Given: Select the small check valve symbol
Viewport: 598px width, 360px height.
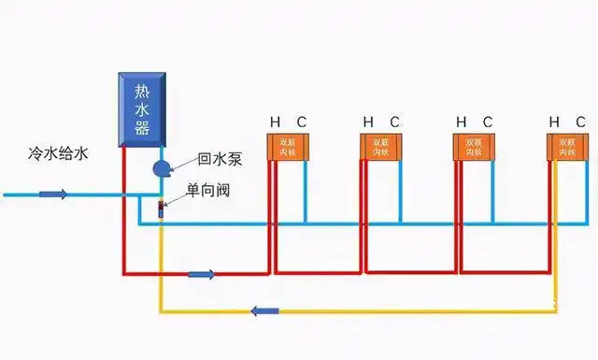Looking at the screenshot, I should [x=161, y=205].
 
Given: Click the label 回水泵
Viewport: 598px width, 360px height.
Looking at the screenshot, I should [x=220, y=160].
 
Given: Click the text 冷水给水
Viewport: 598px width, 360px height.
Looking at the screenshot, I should [x=58, y=155].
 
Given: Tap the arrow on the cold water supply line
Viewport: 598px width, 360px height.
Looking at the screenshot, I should [x=53, y=194].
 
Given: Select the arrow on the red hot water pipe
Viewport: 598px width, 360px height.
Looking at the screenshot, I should [x=202, y=274].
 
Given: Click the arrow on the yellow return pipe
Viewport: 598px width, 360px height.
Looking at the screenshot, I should [x=265, y=310].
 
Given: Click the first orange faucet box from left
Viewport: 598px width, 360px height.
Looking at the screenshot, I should [x=288, y=147].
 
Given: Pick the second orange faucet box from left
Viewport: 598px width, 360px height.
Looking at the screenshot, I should [x=381, y=147].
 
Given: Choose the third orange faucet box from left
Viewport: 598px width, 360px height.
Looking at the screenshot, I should [x=474, y=147].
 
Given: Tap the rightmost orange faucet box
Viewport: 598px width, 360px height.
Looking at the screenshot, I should [x=567, y=147].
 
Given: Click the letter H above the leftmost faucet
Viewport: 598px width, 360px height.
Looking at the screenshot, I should [x=275, y=122].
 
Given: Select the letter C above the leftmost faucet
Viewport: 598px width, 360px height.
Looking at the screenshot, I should [x=301, y=122].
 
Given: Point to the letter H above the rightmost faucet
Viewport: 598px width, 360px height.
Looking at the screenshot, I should [x=554, y=122].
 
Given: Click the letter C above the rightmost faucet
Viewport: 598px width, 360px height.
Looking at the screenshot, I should [x=581, y=122].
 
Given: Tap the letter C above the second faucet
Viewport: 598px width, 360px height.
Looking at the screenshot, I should [x=395, y=122].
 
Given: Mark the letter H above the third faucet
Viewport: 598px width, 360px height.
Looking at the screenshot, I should [x=461, y=122].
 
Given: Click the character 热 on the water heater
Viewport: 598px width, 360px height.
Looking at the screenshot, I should [x=142, y=91].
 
